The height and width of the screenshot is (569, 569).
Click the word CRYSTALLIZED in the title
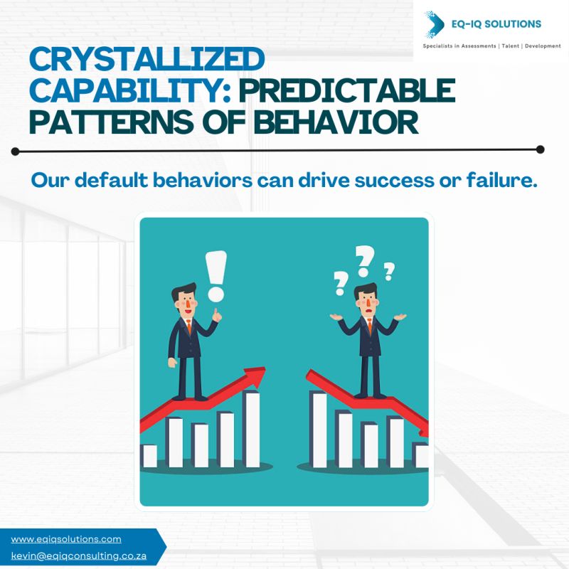(x=147, y=59)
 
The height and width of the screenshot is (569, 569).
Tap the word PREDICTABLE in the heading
(x=346, y=90)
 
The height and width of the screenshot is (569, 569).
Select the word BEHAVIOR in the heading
(x=336, y=122)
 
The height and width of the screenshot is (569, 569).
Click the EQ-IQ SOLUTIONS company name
(x=496, y=24)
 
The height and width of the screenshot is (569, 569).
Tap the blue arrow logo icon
(x=435, y=24)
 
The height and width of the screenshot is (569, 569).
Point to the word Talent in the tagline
(x=509, y=46)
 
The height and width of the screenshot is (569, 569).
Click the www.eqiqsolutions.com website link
(x=66, y=539)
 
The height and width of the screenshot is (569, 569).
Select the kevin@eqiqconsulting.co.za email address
(x=79, y=556)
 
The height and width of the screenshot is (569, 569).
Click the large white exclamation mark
(x=216, y=276)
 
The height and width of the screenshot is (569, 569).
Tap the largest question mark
(x=364, y=260)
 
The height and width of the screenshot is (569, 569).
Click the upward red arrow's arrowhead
(x=255, y=378)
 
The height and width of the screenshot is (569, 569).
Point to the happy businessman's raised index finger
(x=216, y=312)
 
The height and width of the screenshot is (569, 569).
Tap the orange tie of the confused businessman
(x=370, y=326)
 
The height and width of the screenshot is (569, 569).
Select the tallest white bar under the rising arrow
(x=252, y=429)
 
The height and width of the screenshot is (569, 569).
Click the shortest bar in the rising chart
(x=149, y=456)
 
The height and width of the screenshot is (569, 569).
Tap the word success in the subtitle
(x=394, y=181)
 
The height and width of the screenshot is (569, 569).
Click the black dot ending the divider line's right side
(x=540, y=149)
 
